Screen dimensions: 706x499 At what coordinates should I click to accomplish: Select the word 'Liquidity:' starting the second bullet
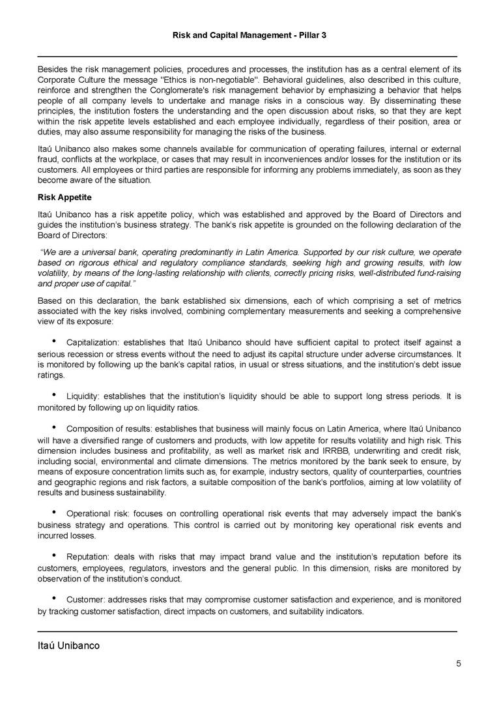click(85, 396)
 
